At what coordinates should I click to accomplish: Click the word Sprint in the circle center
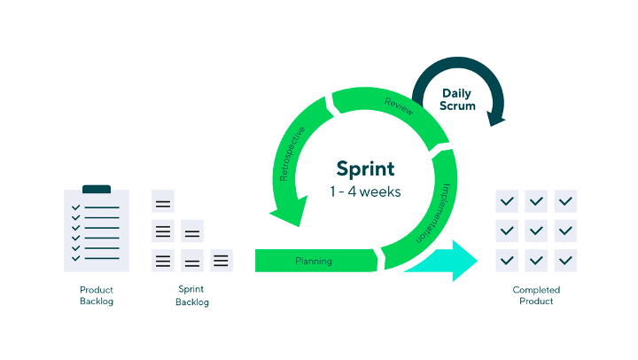click(365, 169)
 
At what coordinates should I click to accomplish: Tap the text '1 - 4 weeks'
click(365, 192)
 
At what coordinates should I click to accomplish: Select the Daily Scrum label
click(457, 100)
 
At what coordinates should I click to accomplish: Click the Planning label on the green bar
click(314, 261)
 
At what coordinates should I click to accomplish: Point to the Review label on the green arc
click(399, 106)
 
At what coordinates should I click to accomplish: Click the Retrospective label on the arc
click(292, 154)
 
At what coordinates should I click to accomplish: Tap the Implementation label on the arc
click(433, 214)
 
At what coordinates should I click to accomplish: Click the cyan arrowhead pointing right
click(464, 261)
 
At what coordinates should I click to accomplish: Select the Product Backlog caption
click(97, 295)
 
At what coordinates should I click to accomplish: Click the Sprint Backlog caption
click(192, 295)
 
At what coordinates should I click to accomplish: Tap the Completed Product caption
click(536, 295)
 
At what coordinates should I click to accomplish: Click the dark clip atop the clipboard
click(97, 189)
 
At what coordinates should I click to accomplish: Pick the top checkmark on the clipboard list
click(75, 207)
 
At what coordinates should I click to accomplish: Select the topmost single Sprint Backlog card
click(163, 200)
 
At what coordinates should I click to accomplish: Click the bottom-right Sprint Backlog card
click(222, 260)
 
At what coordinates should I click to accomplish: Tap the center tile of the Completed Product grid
click(536, 231)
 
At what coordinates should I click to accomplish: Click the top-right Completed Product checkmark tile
click(565, 201)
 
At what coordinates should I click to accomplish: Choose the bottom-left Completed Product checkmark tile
click(507, 261)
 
